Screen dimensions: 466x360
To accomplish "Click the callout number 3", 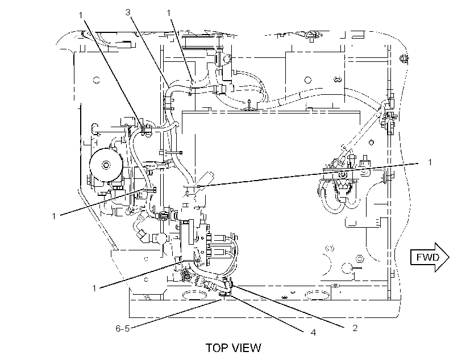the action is [x=128, y=12].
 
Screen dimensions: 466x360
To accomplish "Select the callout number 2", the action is [x=355, y=328].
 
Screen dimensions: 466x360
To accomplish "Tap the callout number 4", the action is [x=313, y=332].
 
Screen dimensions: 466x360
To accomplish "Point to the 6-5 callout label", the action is [x=122, y=329].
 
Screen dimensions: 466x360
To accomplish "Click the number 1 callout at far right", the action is [x=430, y=162].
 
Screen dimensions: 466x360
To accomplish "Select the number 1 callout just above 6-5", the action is [x=94, y=288].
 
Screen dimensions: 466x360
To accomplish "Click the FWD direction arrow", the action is [x=430, y=257].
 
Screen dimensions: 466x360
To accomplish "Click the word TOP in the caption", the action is [x=217, y=348].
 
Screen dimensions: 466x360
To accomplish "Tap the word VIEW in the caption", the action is [x=247, y=348].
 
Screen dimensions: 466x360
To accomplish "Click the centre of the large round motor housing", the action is [x=106, y=164].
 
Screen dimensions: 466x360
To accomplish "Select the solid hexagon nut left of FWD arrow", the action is [x=359, y=258].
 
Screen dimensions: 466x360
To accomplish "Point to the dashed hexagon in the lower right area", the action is [x=329, y=248].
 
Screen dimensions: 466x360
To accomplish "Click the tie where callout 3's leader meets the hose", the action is [x=169, y=87].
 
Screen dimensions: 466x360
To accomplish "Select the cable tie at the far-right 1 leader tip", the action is [x=198, y=186].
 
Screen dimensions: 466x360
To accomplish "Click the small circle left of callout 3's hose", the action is [x=96, y=80].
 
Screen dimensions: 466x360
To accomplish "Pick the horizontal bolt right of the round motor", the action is [x=174, y=153].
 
